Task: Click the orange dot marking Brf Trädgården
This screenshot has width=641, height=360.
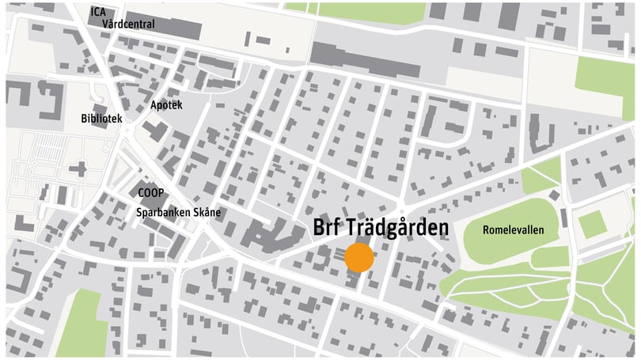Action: [x=359, y=258]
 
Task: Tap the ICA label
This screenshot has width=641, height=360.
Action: [x=98, y=12]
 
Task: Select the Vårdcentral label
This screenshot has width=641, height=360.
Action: [x=128, y=25]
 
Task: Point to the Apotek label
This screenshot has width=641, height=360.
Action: [x=166, y=105]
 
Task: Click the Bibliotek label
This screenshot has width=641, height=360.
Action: [x=101, y=119]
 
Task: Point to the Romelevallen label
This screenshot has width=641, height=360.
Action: [x=514, y=229]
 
